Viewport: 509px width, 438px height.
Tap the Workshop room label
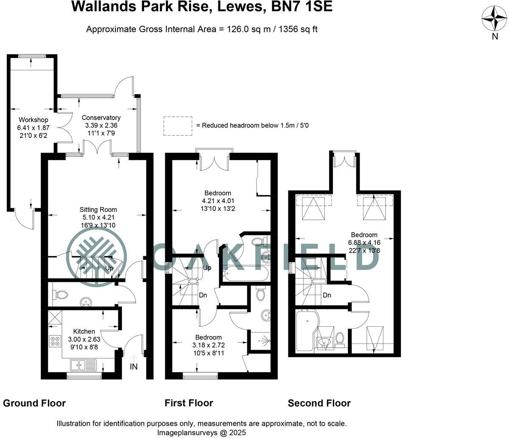[x=33, y=120]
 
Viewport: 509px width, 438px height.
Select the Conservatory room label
[x=101, y=118]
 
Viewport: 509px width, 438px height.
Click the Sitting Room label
[x=98, y=209]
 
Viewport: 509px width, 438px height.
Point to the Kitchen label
[x=84, y=331]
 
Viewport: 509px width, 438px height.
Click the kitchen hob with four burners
[x=55, y=341]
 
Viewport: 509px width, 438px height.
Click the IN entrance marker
[x=134, y=366]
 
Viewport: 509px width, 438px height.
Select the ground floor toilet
[x=60, y=294]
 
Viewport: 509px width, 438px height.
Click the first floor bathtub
[x=244, y=273]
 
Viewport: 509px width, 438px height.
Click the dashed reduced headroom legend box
[x=178, y=126]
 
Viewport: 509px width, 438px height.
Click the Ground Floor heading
[x=34, y=403]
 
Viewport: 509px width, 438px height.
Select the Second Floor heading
[x=319, y=403]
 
